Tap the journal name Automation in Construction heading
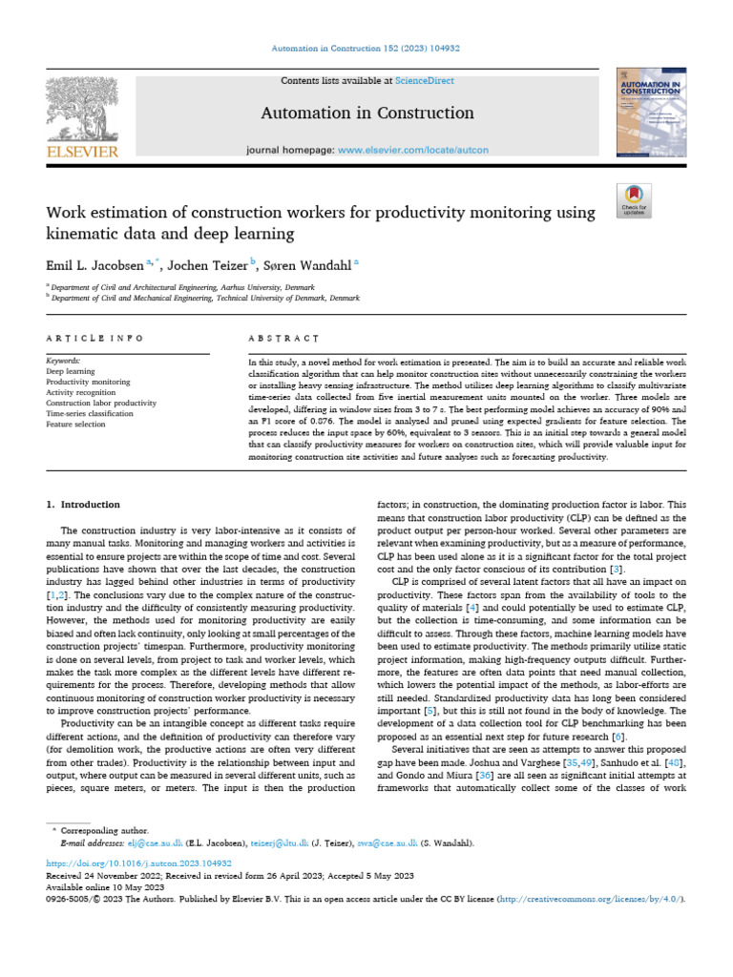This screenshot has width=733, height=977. click(x=367, y=114)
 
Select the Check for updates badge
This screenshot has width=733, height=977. click(x=634, y=198)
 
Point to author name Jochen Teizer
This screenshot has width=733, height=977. click(x=209, y=264)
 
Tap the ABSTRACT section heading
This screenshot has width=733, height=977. click(x=283, y=339)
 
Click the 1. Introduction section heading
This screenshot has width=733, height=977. click(x=83, y=505)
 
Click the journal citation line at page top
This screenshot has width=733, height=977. click(x=366, y=48)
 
